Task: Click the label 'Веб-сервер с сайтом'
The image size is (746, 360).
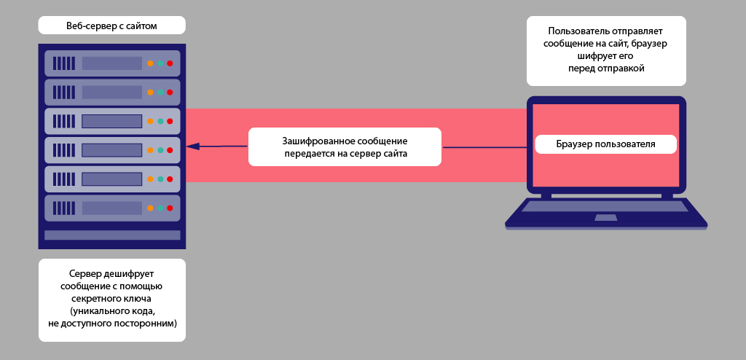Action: [x=112, y=26]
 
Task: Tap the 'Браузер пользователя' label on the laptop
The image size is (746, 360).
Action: [x=606, y=144]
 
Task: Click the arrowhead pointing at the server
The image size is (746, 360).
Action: [x=192, y=146]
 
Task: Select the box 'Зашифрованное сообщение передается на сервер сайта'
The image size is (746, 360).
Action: [x=345, y=146]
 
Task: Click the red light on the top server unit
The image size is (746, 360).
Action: [x=170, y=63]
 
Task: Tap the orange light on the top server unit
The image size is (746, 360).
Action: [x=150, y=63]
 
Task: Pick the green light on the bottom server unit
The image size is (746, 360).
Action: [x=160, y=208]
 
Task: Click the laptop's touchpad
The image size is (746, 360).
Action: [x=606, y=217]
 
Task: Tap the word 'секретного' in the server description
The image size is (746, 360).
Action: [x=94, y=298]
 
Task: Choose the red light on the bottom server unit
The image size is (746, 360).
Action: [x=170, y=208]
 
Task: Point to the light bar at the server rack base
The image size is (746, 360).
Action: [x=112, y=235]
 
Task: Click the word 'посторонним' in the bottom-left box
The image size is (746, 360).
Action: [x=145, y=322]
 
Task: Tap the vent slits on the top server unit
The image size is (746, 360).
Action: [x=63, y=63]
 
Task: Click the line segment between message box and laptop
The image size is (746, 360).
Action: [x=484, y=147]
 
